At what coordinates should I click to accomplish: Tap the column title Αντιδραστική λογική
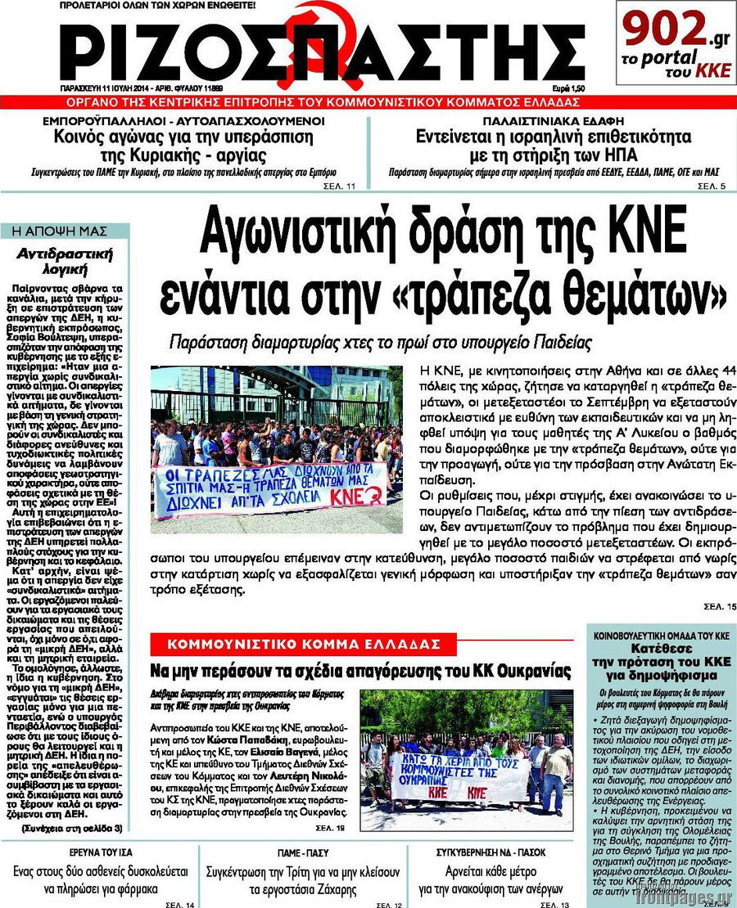(64, 260)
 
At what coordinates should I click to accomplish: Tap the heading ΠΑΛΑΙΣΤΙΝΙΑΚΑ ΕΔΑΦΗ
(548, 120)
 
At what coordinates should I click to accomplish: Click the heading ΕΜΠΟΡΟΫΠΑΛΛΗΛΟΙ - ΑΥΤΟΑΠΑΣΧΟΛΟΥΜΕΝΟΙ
(184, 120)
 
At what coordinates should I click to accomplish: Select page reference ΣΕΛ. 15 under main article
(720, 606)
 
